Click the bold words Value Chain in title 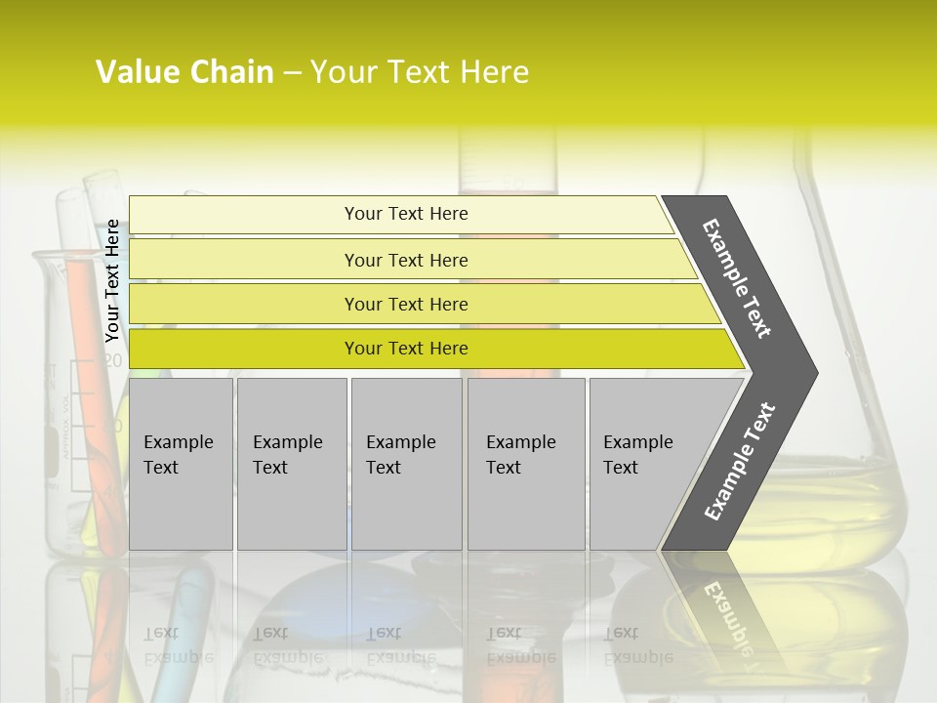click(x=184, y=72)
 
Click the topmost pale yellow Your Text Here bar click(x=405, y=214)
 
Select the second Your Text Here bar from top click(x=405, y=260)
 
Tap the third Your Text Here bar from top click(x=405, y=304)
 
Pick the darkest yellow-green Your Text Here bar click(x=405, y=349)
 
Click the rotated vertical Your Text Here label click(x=112, y=280)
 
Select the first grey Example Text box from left click(x=180, y=463)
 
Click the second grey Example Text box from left click(x=291, y=463)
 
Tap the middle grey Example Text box click(x=405, y=463)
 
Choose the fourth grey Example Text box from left click(x=525, y=463)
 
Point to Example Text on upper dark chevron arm click(x=737, y=278)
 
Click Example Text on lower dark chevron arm click(x=740, y=461)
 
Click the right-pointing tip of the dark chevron click(x=812, y=372)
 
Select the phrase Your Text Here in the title click(x=420, y=72)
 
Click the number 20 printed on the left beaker click(x=113, y=360)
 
